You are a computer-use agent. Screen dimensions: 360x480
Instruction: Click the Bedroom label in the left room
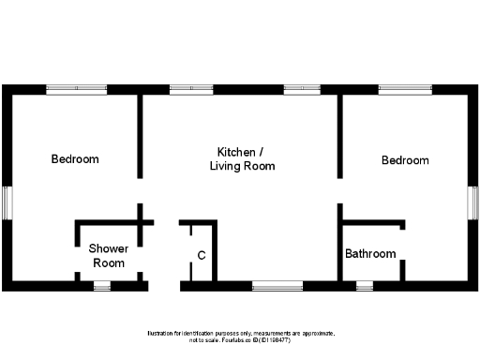point(74,159)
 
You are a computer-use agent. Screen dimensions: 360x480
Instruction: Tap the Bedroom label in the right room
point(405,160)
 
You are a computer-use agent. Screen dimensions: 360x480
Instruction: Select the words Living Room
point(242,166)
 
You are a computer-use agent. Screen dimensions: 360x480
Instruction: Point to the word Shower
point(108,248)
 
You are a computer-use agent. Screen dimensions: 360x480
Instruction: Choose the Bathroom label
point(370,254)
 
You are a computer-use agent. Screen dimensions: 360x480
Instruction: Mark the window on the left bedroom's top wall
point(75,90)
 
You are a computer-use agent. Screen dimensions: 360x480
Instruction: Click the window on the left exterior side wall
point(6,202)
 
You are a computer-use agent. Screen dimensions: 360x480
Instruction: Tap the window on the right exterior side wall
point(474,202)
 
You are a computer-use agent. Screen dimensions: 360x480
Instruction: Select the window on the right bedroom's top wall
point(405,90)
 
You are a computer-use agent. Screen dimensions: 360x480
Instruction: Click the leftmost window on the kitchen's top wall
point(190,90)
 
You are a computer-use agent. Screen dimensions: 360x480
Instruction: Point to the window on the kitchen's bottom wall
point(277,285)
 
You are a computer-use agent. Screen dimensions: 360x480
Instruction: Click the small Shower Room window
point(101,285)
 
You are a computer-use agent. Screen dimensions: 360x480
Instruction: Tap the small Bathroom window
point(364,285)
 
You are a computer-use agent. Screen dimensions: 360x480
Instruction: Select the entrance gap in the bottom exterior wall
point(164,285)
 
